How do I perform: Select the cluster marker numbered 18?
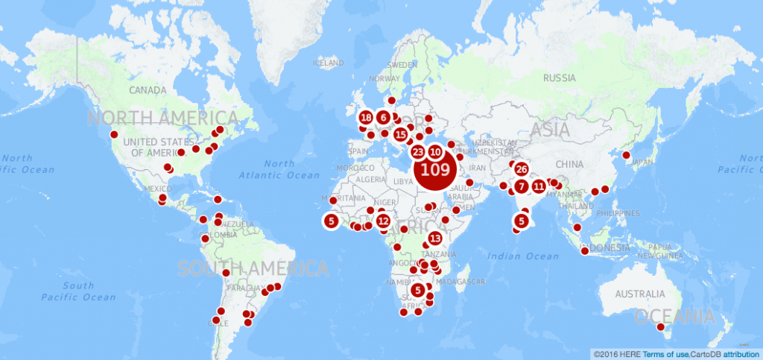click(366, 118)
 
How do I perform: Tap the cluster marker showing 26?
click(521, 169)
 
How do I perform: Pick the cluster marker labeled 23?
click(418, 152)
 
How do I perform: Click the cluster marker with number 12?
click(383, 221)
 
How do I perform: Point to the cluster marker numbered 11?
click(539, 186)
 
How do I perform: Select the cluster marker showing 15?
click(401, 134)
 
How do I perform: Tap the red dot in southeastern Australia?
click(660, 326)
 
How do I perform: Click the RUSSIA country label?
click(560, 78)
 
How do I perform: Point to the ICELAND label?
click(329, 63)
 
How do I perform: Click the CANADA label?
click(148, 90)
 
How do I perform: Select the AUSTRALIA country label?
click(639, 294)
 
